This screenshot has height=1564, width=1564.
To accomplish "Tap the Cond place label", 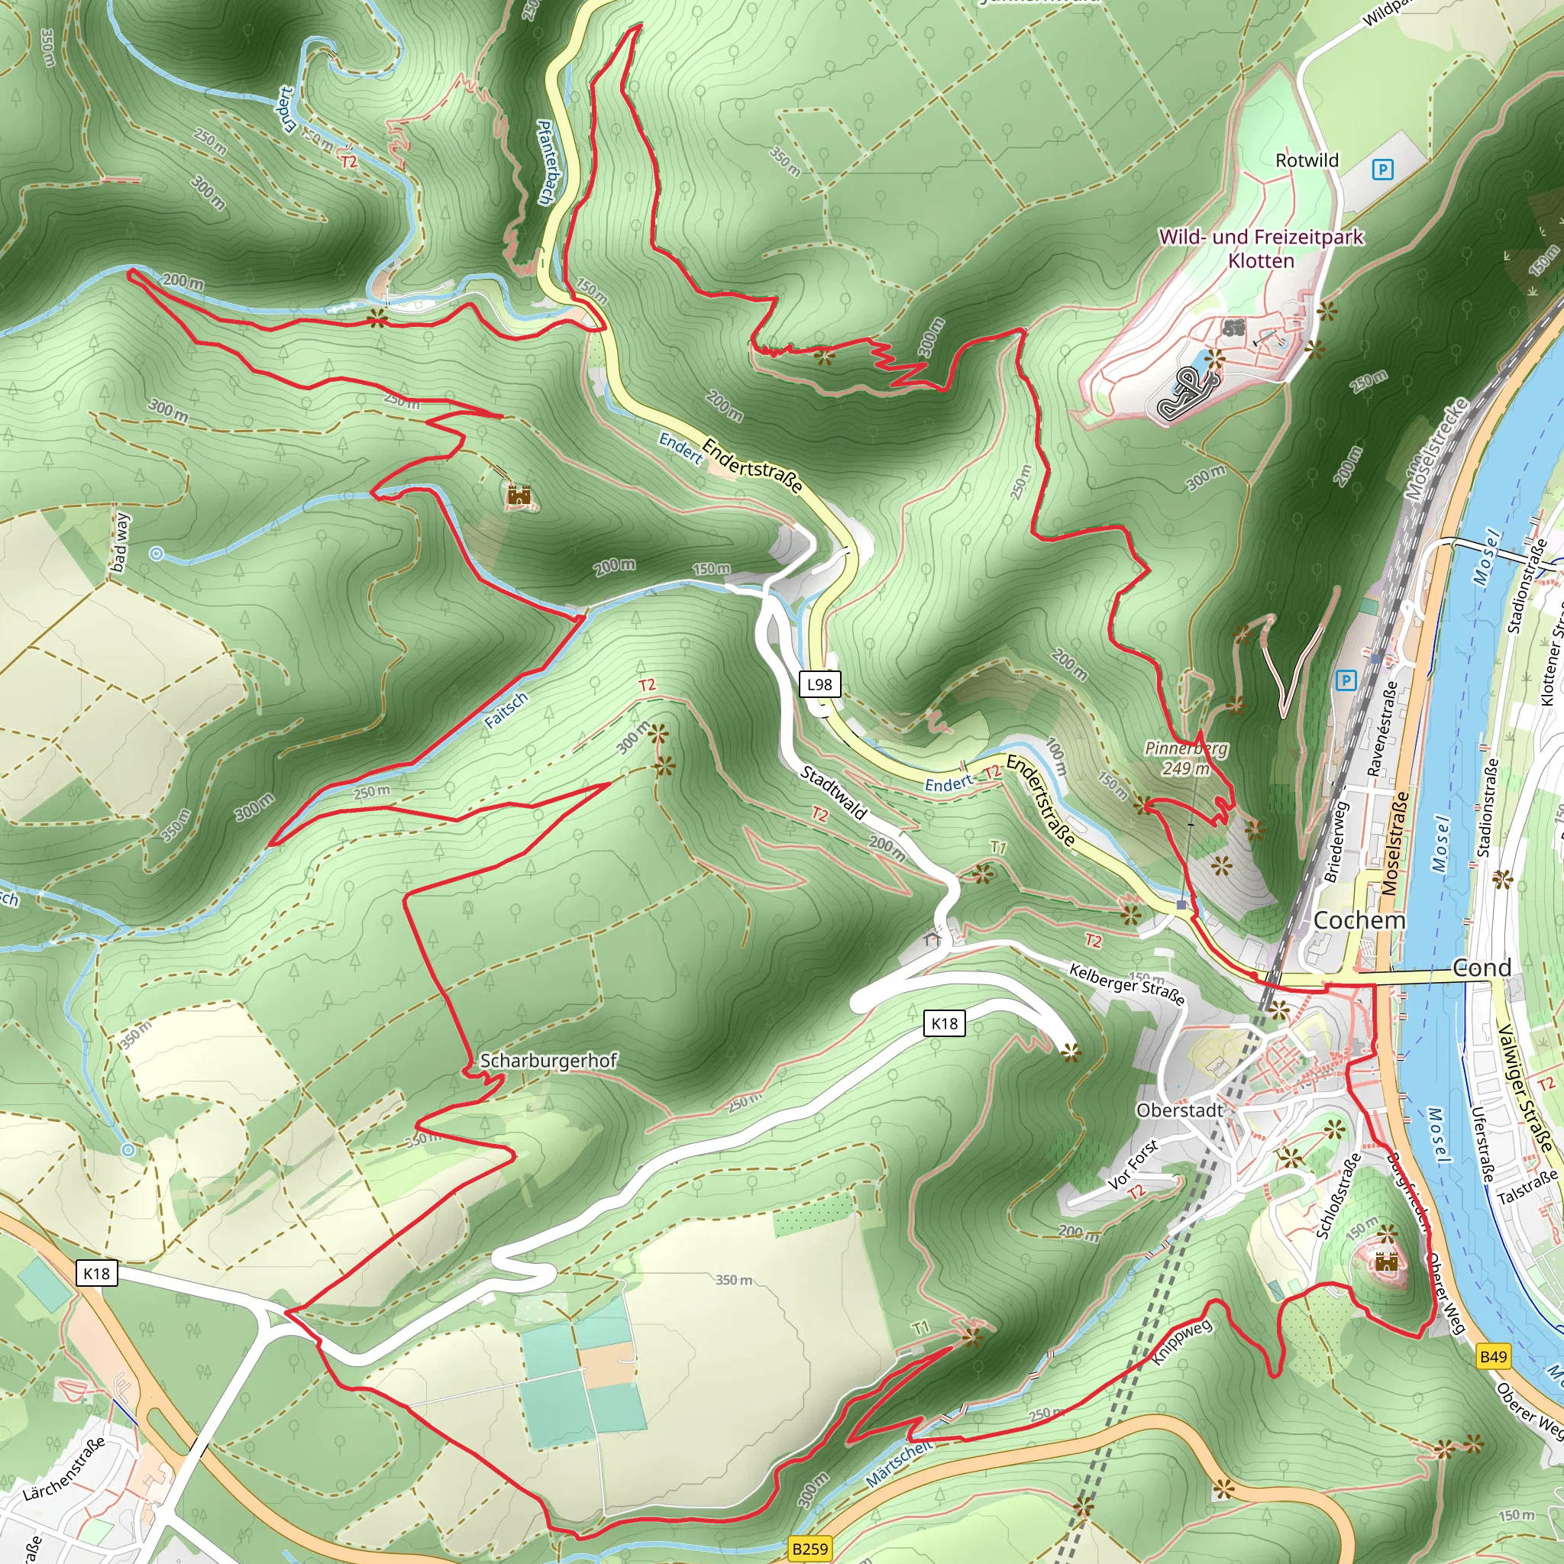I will pyautogui.click(x=1482, y=968).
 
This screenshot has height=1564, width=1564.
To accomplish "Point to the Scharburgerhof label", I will pyautogui.click(x=548, y=1061).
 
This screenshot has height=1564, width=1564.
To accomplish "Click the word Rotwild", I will pyautogui.click(x=1307, y=160).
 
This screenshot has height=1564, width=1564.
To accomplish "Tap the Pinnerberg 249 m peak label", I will pyautogui.click(x=1186, y=758).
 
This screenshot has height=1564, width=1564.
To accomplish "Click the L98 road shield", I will pyautogui.click(x=819, y=684).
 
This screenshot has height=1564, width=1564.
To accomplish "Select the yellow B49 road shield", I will pyautogui.click(x=1493, y=1357).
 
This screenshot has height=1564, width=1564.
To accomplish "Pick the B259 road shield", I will pyautogui.click(x=809, y=1549).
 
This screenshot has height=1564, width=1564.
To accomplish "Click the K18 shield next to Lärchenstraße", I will pyautogui.click(x=96, y=1273).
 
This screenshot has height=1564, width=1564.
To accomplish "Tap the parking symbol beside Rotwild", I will pyautogui.click(x=1383, y=170).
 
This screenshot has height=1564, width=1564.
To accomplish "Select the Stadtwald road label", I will pyautogui.click(x=833, y=793).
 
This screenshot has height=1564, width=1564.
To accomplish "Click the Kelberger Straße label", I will pyautogui.click(x=1127, y=983).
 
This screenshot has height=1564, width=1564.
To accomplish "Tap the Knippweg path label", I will pyautogui.click(x=1181, y=1341).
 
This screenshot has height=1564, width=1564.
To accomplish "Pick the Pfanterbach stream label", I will pyautogui.click(x=548, y=162).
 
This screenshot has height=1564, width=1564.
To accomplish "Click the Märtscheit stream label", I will pyautogui.click(x=899, y=1462).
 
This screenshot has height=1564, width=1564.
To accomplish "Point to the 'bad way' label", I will pyautogui.click(x=120, y=542).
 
